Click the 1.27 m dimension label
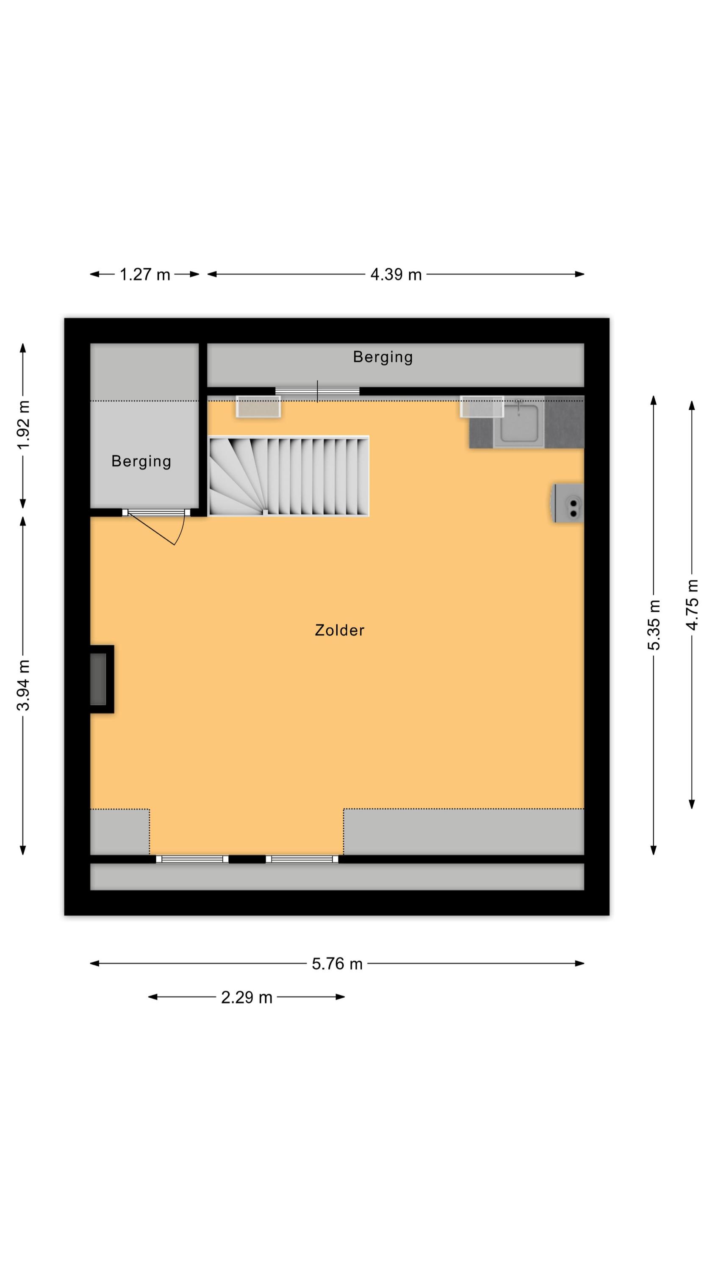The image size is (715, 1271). coord(144,275)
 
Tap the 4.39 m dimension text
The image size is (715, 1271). coord(396,275)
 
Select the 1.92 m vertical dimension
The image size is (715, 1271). coord(24,425)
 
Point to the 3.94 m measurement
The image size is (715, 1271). coord(24,685)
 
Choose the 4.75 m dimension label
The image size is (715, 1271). coord(692,605)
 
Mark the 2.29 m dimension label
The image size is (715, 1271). coord(247,997)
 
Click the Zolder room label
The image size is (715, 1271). coord(339,630)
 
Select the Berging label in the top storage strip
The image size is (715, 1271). coord(383,357)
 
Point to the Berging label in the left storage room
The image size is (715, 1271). coord(141,461)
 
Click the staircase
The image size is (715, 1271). coord(288,476)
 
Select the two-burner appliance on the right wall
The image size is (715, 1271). coord(568,503)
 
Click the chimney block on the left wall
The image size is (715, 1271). coord(102,679)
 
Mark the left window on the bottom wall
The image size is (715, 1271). coord(192,859)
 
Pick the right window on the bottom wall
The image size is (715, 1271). coord(302,859)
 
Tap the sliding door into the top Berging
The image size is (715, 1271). coord(317,391)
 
